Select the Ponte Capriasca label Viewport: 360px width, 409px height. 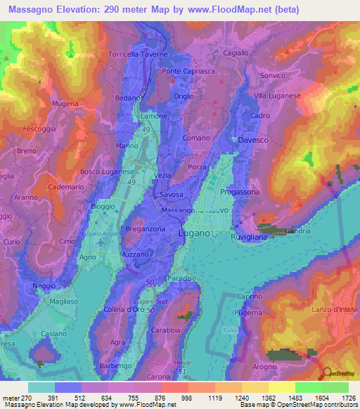pos(186,72)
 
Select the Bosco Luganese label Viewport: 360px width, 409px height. pos(107,171)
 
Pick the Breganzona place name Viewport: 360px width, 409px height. pos(145,229)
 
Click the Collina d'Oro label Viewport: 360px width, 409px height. pos(124,310)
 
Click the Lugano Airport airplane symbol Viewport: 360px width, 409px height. pos(103,242)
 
